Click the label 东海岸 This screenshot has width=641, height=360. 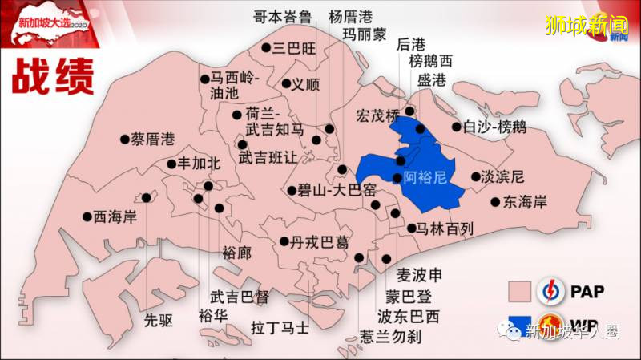525,202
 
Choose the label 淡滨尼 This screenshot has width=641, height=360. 504,176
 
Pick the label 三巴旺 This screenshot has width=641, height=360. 295,48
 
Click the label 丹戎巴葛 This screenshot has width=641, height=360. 320,241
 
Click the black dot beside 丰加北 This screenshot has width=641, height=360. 171,164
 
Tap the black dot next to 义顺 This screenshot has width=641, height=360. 286,83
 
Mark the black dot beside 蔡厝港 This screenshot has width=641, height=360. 125,139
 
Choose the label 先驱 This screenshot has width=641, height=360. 158,321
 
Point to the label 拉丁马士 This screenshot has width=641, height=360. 280,327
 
